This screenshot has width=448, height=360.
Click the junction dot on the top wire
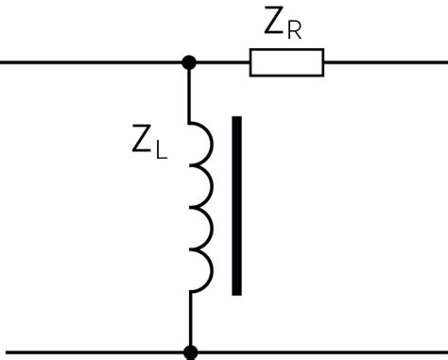click(x=189, y=62)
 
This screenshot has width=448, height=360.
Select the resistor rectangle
click(x=286, y=62)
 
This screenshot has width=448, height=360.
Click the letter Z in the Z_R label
click(x=274, y=24)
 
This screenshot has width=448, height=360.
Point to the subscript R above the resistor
click(x=294, y=31)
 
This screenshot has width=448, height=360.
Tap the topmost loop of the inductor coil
click(x=202, y=142)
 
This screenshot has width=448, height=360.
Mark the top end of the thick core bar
click(x=236, y=121)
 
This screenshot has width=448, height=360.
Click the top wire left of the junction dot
click(x=95, y=62)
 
